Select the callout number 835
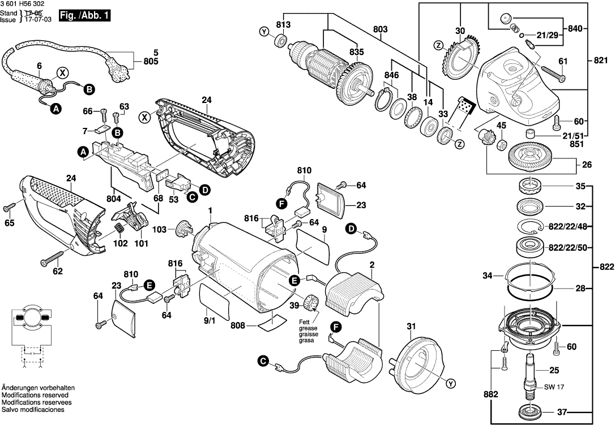coord(356,51)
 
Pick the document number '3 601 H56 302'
coord(23,4)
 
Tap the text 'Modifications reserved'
coord(35,394)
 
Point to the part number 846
coord(391,75)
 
